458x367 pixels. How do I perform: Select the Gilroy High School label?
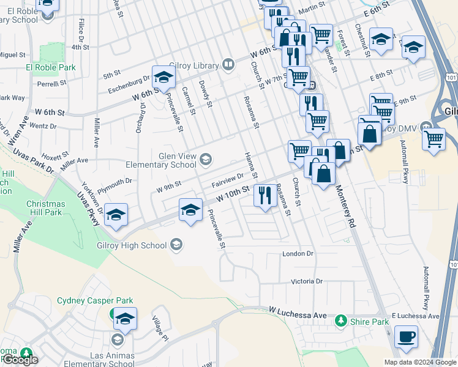coord(132,245)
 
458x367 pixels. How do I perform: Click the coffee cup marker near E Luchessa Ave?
coord(407,336)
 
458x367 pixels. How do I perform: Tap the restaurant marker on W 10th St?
coord(265,196)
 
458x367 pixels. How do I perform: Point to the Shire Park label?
coord(370,321)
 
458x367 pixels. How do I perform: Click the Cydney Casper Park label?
coord(95,300)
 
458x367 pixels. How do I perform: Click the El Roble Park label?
coord(50,67)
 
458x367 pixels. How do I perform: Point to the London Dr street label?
coord(298,253)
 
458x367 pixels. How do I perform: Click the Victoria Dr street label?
coord(306,281)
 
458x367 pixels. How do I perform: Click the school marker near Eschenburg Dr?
coord(163,77)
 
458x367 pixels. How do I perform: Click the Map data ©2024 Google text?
coord(419,362)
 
